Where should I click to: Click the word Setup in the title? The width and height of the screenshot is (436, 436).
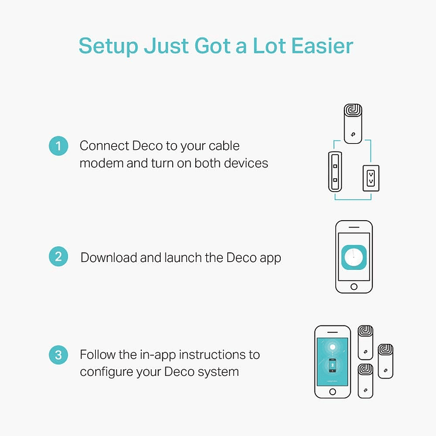click(x=109, y=47)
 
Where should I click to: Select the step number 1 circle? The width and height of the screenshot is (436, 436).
click(x=58, y=146)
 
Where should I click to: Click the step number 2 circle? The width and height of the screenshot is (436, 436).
click(x=58, y=257)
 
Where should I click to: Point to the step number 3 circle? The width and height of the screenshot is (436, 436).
click(x=58, y=355)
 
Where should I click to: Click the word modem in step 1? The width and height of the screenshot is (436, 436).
click(x=101, y=163)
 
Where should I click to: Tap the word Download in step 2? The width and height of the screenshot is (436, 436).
click(x=109, y=258)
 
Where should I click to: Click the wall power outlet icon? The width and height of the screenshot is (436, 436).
click(x=371, y=178)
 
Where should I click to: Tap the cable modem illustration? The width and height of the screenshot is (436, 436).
click(x=335, y=172)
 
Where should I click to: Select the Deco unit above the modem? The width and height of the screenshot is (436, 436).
click(x=353, y=124)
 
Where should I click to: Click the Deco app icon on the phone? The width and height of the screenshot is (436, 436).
click(x=354, y=257)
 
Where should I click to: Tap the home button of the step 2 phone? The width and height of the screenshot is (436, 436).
click(x=354, y=287)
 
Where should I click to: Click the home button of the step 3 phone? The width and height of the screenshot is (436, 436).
click(x=332, y=392)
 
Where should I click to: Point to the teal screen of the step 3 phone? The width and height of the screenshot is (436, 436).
click(x=332, y=362)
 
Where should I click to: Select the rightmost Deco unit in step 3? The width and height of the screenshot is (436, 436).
click(x=386, y=361)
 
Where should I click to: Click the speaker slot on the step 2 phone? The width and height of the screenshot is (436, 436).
click(x=354, y=227)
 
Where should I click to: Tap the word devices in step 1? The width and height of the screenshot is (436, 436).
click(x=246, y=163)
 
